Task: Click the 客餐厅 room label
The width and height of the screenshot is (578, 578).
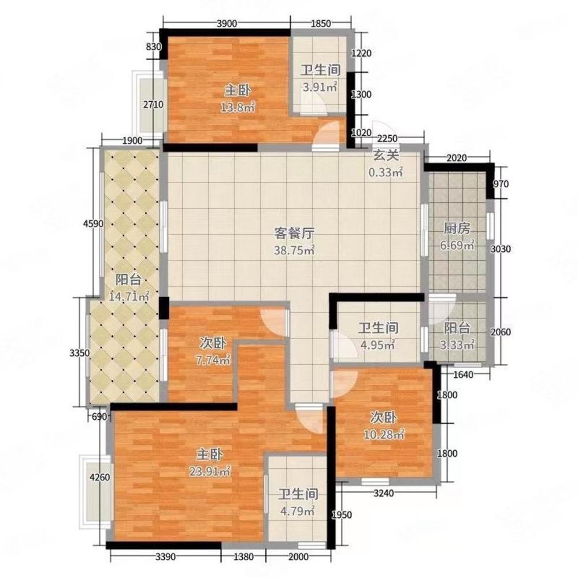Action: [294, 234]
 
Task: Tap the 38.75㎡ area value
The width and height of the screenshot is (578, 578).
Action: [294, 250]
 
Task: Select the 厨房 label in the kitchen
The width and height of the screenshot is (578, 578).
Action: [457, 228]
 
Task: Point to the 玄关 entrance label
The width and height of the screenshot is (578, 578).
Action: [386, 155]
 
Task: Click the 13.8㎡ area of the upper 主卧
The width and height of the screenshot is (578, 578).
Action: [238, 108]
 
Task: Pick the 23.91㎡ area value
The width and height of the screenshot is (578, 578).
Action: [210, 470]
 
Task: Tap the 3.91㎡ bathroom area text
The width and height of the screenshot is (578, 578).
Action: [320, 87]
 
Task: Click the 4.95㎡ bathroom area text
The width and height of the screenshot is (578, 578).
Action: [378, 345]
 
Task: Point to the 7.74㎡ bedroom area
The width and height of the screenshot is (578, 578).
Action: [213, 360]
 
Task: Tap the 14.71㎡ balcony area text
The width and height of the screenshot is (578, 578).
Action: [129, 296]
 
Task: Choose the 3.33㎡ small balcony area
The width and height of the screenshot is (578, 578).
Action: [457, 345]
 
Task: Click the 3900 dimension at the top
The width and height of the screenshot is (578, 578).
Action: [227, 24]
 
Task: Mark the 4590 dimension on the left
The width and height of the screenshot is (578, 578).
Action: [93, 223]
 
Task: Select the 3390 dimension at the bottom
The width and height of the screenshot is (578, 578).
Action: [165, 557]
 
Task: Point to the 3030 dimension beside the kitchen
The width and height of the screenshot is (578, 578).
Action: [501, 249]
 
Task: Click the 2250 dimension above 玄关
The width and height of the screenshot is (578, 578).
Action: [388, 139]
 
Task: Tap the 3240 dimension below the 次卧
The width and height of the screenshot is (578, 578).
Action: [383, 493]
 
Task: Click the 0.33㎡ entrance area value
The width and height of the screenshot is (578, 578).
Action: [386, 172]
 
